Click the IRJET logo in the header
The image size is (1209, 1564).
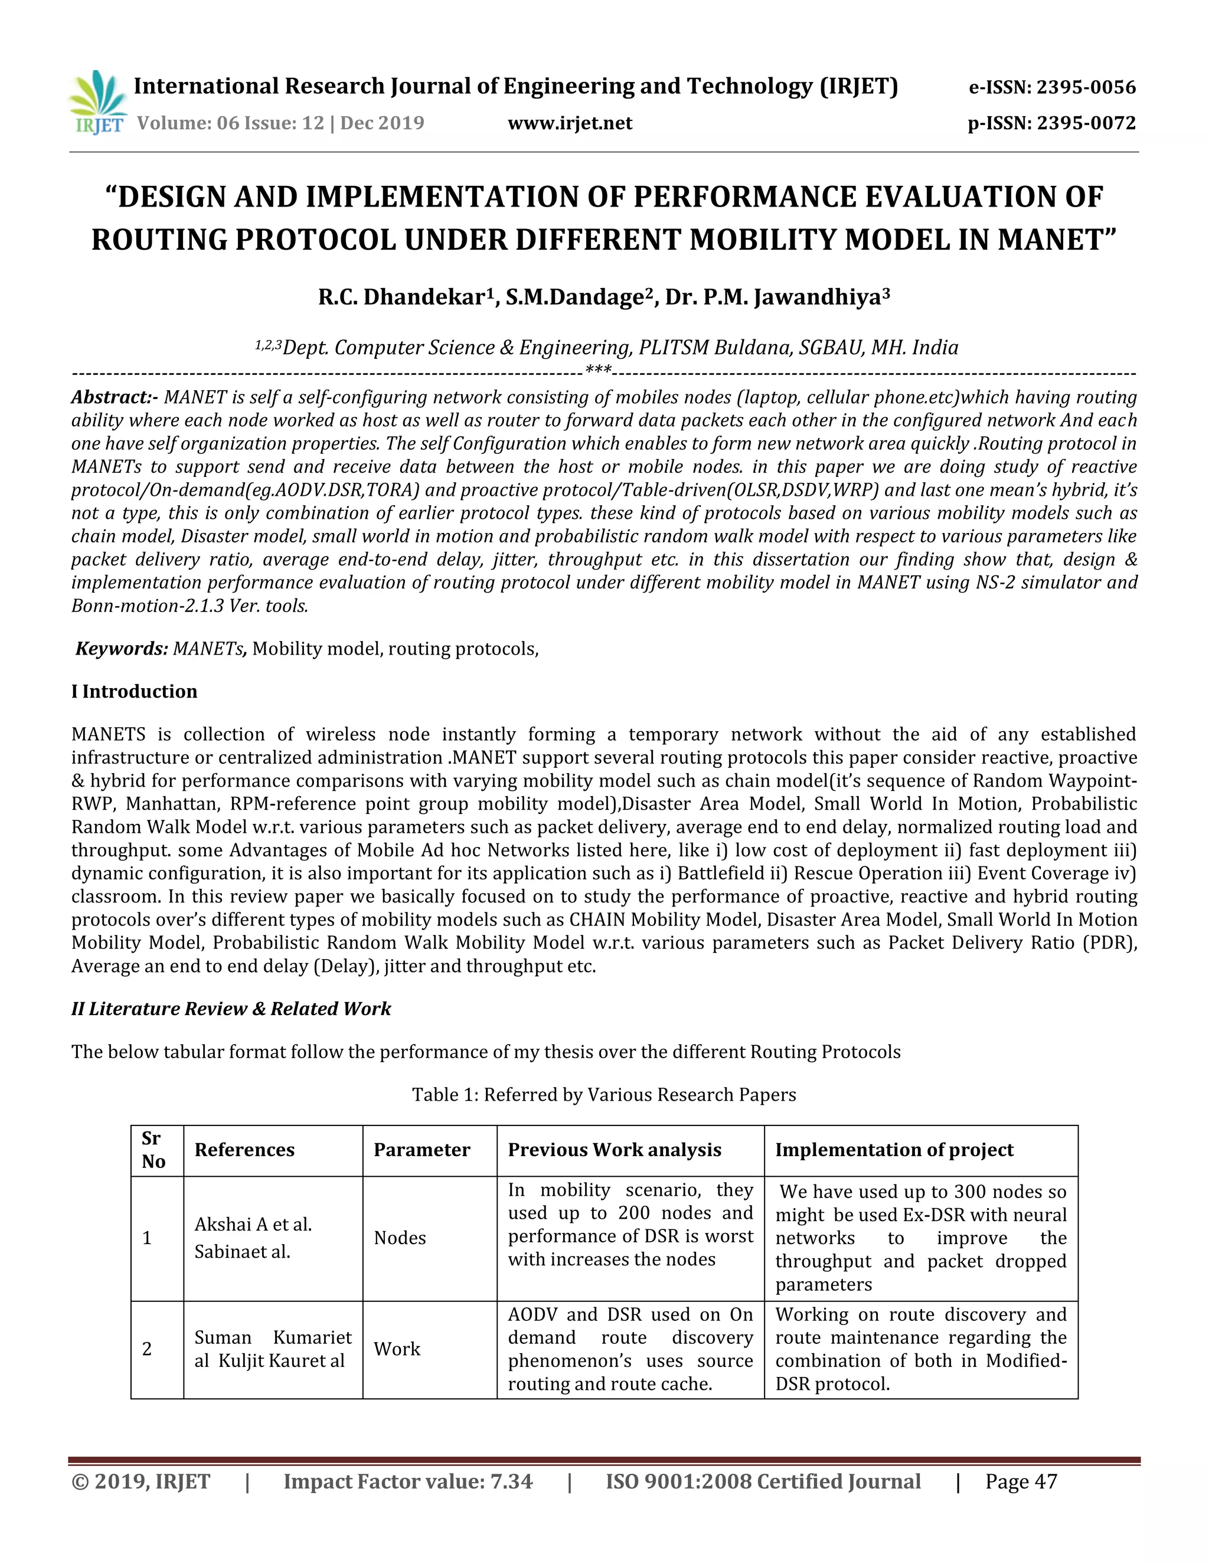coord(99,103)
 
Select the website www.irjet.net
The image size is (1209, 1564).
coord(570,123)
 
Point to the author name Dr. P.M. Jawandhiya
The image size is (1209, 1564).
coord(777,296)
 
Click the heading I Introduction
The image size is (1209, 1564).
coord(134,692)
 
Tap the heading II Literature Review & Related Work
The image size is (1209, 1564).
coord(231,1009)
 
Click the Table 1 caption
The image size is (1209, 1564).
coord(604,1095)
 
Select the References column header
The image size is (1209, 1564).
coord(244,1150)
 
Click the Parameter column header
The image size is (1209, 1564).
coord(422,1150)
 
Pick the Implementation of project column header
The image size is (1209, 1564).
coord(894,1150)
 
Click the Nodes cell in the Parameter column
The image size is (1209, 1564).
coord(400,1238)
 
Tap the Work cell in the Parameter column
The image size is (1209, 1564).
coord(397,1349)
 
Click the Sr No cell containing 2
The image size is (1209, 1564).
coord(148,1349)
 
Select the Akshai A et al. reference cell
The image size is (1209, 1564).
coord(253,1225)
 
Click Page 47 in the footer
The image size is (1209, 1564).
coord(1021,1481)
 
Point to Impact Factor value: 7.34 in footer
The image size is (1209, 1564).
coord(407,1481)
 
